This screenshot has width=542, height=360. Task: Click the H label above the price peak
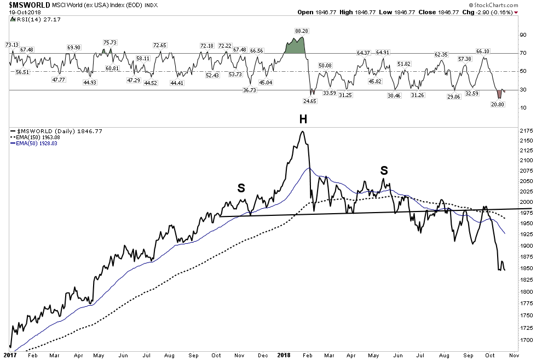coord(302,120)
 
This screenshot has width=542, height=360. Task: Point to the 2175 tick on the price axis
coord(526,130)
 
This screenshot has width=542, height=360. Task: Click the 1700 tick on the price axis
coord(526,340)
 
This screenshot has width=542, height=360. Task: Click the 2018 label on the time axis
coord(283,355)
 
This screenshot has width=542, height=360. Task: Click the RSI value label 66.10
coord(482,51)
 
